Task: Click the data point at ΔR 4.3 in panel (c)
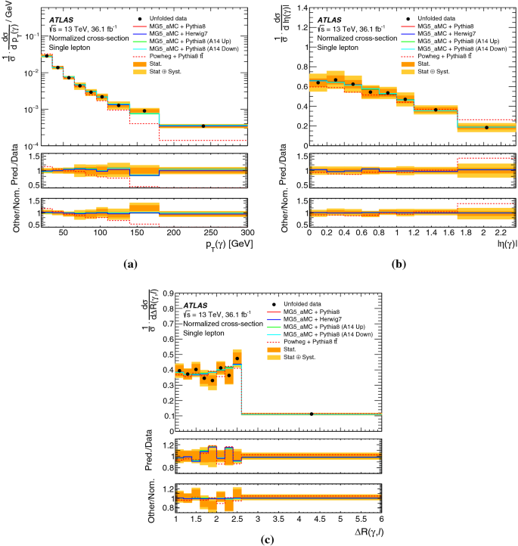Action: [312, 414]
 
